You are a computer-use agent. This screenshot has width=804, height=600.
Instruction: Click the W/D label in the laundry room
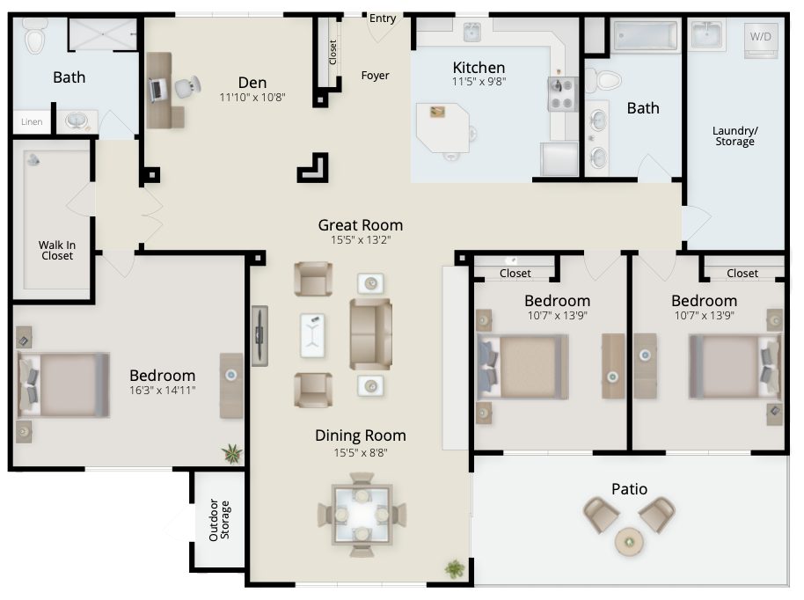(x=760, y=36)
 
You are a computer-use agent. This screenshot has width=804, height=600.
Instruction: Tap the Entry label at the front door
(x=383, y=18)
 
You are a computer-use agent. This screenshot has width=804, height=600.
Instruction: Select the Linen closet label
(x=32, y=121)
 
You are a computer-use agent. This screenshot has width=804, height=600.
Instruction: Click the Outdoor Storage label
(x=219, y=520)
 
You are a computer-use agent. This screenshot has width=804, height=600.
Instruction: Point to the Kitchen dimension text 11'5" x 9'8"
(x=479, y=81)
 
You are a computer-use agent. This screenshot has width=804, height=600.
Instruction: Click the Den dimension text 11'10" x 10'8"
(x=252, y=97)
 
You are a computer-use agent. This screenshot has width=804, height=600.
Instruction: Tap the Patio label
(x=629, y=489)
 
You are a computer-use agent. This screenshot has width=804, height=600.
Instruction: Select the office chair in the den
(x=187, y=87)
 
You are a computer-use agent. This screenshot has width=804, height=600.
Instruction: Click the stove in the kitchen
(x=563, y=94)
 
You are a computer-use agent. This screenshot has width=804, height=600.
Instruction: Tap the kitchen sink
(x=471, y=32)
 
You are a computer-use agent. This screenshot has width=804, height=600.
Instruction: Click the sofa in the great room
(x=370, y=334)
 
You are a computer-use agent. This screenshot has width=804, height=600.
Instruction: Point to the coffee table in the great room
(x=312, y=335)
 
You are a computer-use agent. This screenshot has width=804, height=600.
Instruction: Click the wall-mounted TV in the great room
(x=260, y=336)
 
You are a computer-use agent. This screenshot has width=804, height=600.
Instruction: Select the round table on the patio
(x=629, y=542)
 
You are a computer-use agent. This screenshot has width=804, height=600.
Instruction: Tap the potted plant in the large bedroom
(x=231, y=454)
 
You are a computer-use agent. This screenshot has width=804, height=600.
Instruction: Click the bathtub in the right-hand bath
(x=646, y=36)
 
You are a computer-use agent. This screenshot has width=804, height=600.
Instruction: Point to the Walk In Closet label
(x=57, y=250)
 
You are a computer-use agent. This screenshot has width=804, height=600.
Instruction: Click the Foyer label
(x=375, y=76)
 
